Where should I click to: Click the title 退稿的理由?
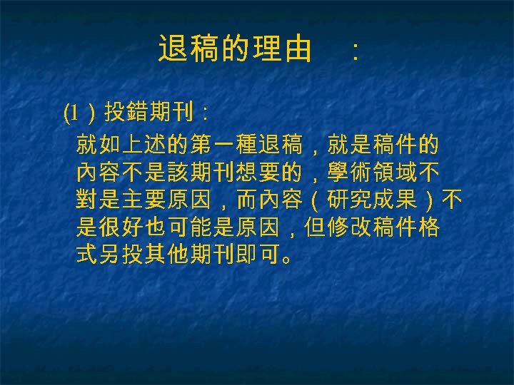[235, 49]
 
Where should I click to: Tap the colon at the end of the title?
[355, 51]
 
